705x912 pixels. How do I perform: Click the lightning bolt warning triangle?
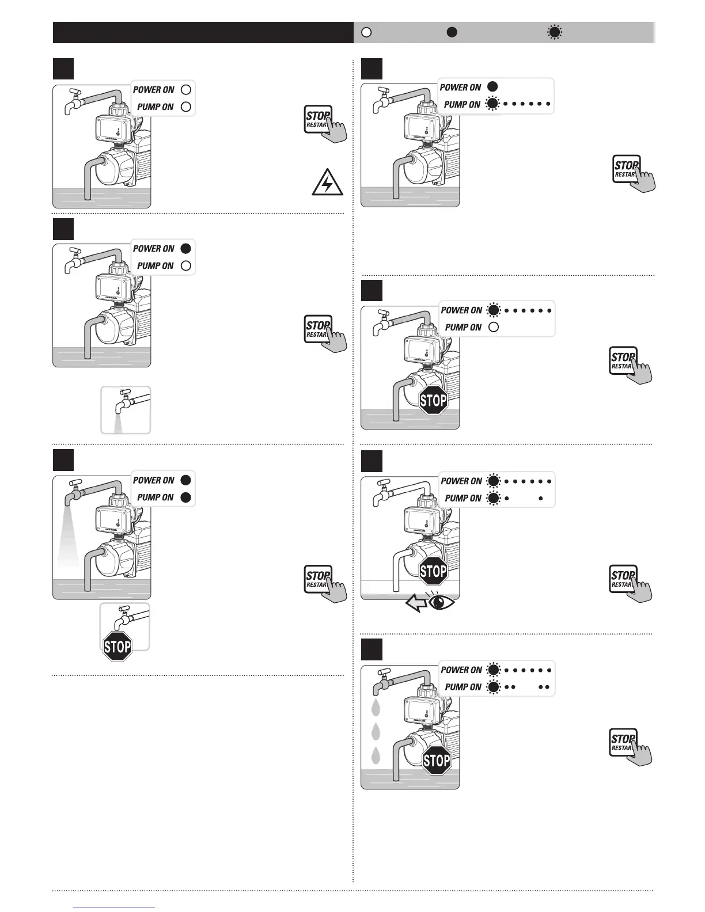point(327,183)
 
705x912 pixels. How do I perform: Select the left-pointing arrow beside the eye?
point(416,603)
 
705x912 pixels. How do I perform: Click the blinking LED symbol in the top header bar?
point(554,32)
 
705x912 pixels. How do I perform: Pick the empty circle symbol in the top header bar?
point(366,32)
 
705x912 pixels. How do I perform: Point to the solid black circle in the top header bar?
point(452,32)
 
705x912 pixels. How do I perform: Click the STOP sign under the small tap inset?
point(117,647)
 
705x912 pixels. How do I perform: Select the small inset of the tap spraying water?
point(126,409)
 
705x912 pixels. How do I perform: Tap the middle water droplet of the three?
point(376,731)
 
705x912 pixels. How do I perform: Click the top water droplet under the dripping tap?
point(376,706)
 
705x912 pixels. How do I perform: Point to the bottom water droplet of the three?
point(376,755)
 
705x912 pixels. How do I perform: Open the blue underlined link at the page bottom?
point(115,907)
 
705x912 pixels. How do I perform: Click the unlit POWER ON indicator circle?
point(185,89)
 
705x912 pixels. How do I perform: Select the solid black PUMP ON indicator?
point(185,497)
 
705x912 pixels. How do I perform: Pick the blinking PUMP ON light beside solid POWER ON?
point(492,104)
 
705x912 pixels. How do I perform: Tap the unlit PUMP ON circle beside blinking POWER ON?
point(493,327)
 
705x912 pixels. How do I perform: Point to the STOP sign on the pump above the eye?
point(433,571)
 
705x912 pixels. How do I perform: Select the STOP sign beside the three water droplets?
point(437,761)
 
